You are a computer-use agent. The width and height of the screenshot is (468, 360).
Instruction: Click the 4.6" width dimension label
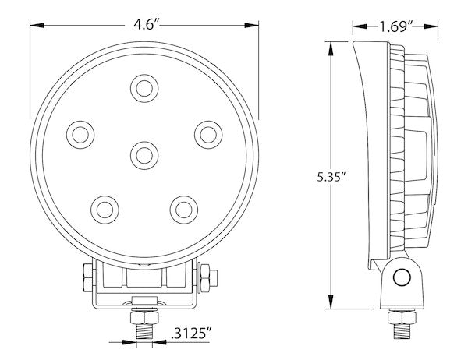click(x=144, y=25)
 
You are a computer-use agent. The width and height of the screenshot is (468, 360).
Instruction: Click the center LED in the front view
click(x=144, y=155)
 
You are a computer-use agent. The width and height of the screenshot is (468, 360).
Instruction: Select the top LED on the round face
click(x=144, y=88)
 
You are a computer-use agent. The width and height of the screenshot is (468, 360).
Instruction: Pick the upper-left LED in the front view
click(x=80, y=135)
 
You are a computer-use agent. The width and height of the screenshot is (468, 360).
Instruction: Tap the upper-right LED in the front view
click(x=208, y=135)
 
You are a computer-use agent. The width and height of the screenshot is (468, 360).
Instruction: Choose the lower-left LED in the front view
click(x=105, y=210)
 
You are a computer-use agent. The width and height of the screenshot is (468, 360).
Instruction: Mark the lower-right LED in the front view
click(x=184, y=210)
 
